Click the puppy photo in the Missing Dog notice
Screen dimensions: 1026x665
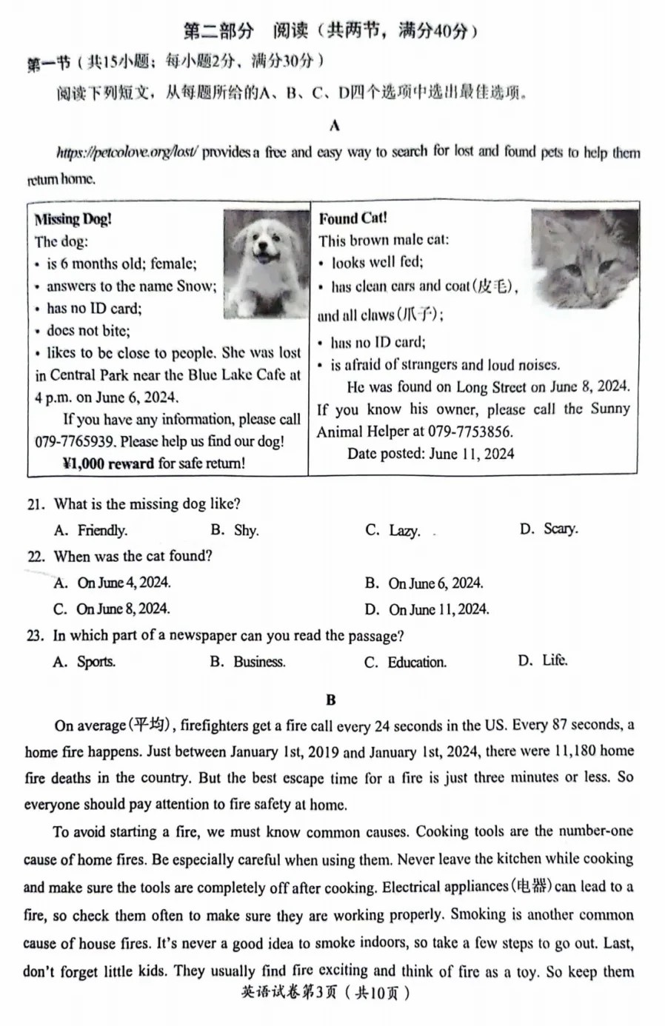click(266, 264)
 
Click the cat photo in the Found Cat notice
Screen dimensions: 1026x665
click(584, 258)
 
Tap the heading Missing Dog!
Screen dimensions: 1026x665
click(73, 219)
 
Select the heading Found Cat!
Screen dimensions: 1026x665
click(352, 218)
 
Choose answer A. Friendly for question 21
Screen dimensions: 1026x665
click(91, 530)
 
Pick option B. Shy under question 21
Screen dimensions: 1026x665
click(235, 530)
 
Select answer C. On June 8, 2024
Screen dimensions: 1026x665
click(113, 609)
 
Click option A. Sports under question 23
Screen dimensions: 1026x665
click(84, 662)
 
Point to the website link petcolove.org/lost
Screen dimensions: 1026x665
click(127, 153)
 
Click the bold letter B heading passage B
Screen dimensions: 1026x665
click(330, 700)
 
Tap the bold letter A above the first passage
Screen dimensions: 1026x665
click(334, 125)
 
